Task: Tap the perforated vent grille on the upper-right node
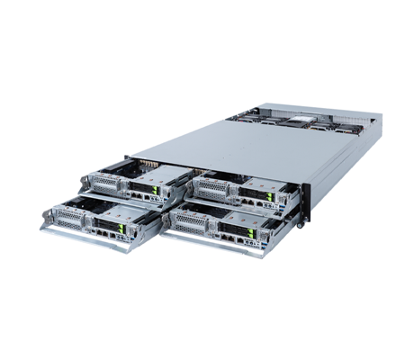tap(209, 190)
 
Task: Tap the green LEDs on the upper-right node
tap(261, 194)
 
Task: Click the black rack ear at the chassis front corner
tap(306, 202)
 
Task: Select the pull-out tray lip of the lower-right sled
tap(207, 245)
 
